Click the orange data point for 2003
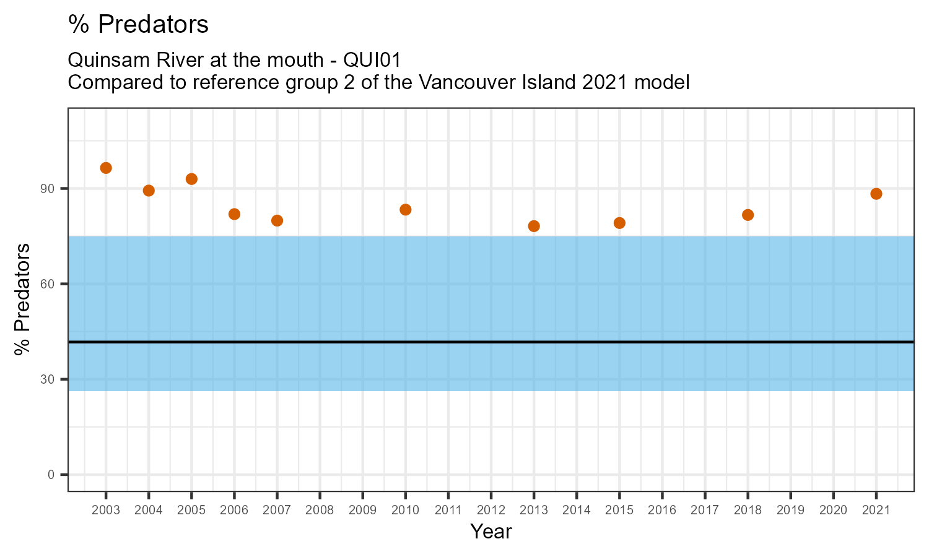(106, 168)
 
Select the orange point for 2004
(149, 191)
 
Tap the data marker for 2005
(191, 179)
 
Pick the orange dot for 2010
(406, 210)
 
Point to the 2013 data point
(534, 226)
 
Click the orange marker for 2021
(876, 194)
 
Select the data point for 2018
(748, 215)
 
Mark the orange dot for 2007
(277, 220)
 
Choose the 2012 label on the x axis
(491, 511)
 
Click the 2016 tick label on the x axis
(662, 511)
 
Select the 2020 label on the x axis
(833, 511)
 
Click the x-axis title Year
(491, 532)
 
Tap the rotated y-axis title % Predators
(24, 300)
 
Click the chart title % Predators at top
(138, 25)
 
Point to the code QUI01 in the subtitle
(370, 60)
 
